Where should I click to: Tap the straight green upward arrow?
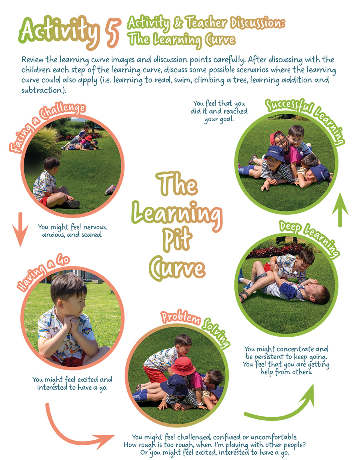coord(340,210)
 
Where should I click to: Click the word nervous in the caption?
coord(95,227)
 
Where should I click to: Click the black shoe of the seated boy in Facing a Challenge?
coord(72,204)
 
